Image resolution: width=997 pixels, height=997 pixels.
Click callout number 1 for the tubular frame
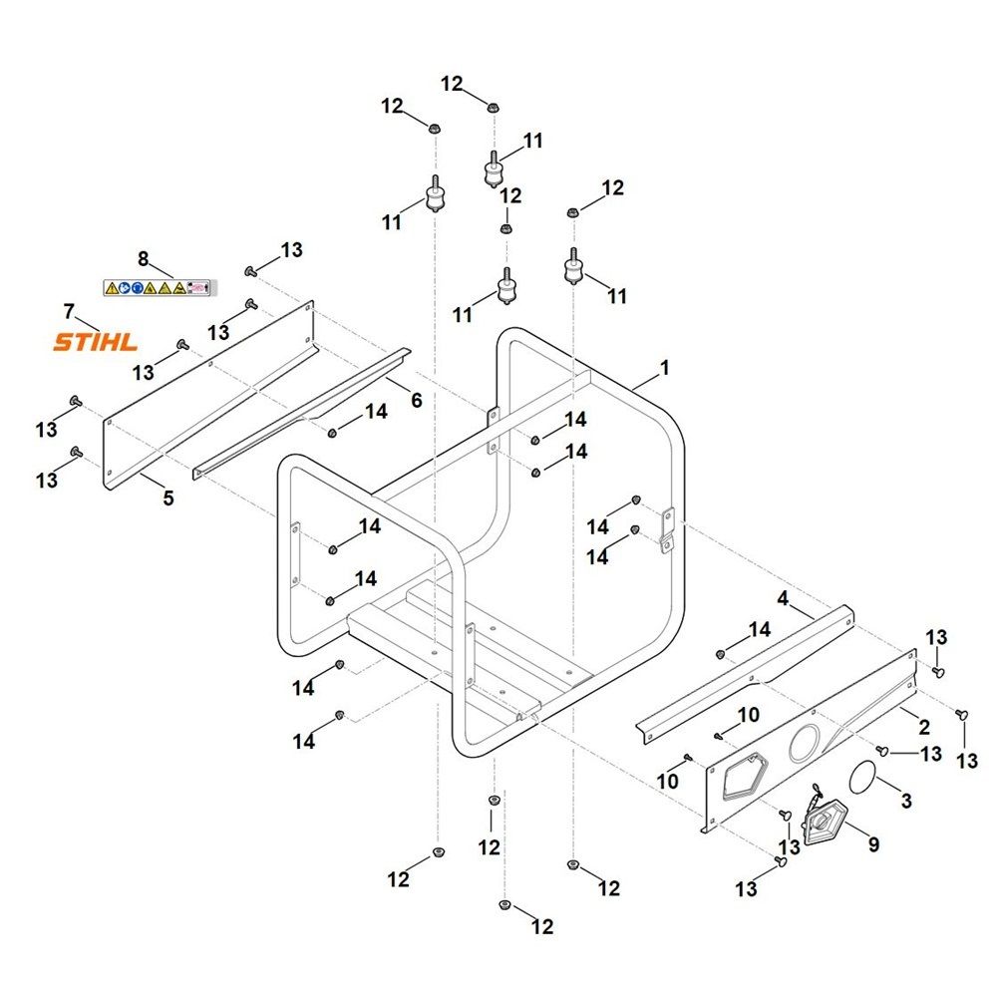click(x=665, y=368)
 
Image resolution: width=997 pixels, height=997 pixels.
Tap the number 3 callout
click(x=905, y=800)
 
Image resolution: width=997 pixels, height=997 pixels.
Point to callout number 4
click(x=783, y=598)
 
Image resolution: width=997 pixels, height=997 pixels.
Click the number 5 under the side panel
click(x=168, y=498)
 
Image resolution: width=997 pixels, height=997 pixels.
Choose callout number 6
click(x=416, y=400)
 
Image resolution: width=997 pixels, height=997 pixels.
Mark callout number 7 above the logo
click(x=68, y=310)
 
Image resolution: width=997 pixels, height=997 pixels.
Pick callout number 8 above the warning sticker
click(x=143, y=259)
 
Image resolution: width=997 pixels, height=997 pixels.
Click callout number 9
click(x=873, y=844)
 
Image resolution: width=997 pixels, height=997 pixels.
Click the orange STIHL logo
click(x=95, y=343)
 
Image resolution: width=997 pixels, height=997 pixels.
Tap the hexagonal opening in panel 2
click(x=741, y=777)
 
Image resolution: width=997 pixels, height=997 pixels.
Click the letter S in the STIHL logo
click(x=63, y=343)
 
